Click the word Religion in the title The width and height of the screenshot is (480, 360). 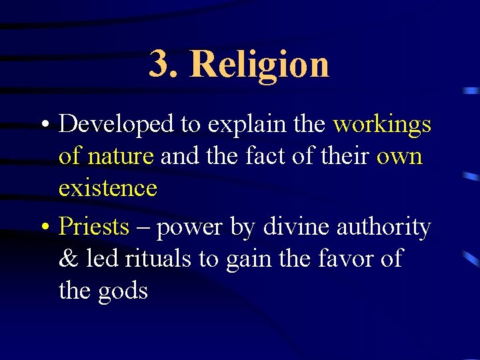click(x=260, y=65)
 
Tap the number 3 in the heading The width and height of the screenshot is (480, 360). click(x=161, y=64)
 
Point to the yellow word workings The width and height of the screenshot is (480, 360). click(x=382, y=125)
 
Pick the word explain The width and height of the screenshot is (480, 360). click(x=237, y=125)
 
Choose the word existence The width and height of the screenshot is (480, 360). click(x=107, y=188)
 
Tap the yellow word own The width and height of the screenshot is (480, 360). click(x=399, y=157)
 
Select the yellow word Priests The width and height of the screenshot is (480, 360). click(x=93, y=227)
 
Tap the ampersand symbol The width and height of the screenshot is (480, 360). click(x=68, y=259)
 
